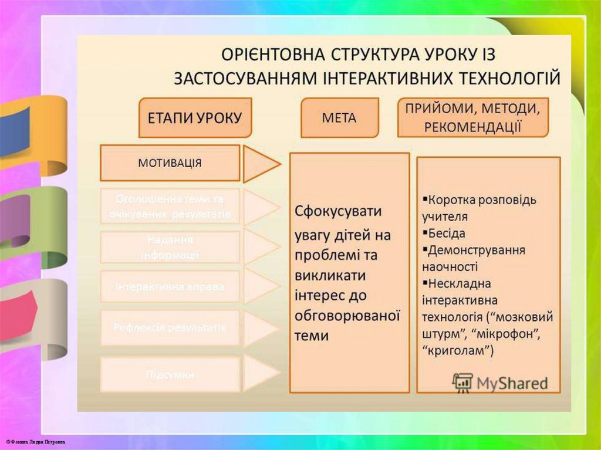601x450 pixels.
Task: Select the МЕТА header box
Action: point(339,117)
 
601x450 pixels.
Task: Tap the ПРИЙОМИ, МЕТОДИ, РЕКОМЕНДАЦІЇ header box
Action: point(472,117)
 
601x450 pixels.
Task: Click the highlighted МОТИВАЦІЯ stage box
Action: point(170,163)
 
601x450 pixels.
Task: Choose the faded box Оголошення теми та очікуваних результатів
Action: point(170,206)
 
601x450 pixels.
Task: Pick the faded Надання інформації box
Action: point(170,247)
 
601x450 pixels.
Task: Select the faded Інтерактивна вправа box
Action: point(170,287)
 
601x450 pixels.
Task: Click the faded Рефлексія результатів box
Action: point(170,327)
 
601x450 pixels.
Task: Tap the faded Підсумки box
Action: point(170,374)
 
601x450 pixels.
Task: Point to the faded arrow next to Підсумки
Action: point(260,374)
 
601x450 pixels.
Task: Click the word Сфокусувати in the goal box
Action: point(338,211)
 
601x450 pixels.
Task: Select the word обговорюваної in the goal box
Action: point(347,316)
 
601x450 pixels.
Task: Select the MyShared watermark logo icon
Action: point(462,383)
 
